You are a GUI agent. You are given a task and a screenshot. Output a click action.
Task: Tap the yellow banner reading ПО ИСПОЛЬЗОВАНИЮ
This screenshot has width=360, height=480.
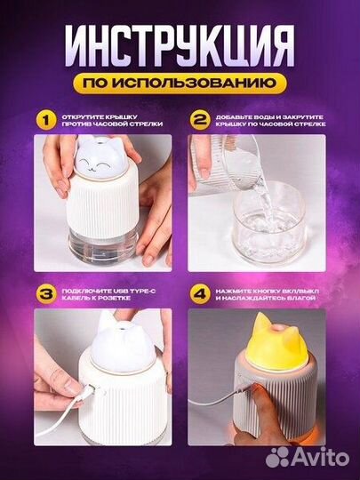(x=180, y=84)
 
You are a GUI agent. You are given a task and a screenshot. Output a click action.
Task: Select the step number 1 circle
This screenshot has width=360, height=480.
(x=40, y=118)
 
